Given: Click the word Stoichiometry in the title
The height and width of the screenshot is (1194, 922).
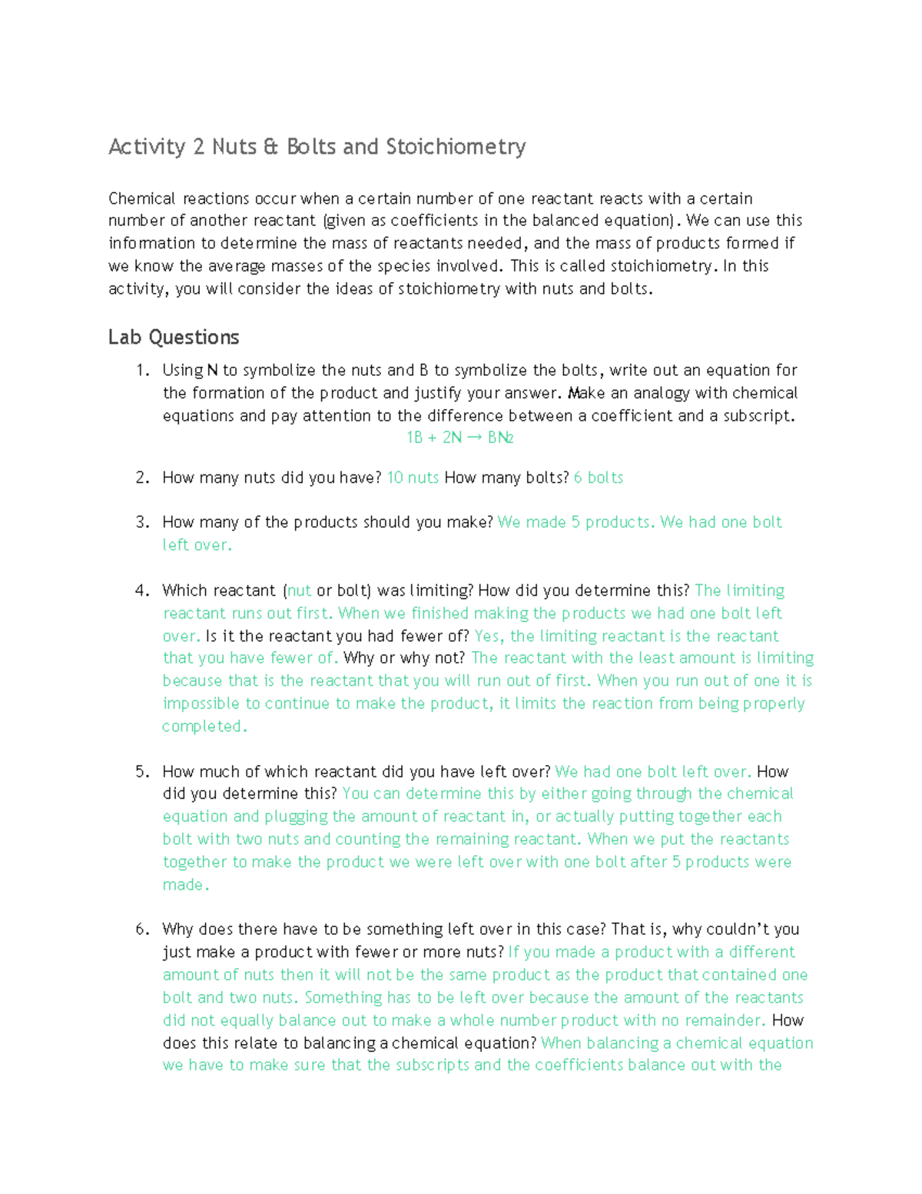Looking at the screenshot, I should (456, 147).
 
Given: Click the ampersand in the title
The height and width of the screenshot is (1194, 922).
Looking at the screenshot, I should (270, 147).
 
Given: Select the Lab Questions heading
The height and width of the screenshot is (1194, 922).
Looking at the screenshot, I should (174, 338).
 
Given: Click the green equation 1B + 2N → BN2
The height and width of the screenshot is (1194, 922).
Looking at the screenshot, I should (459, 438).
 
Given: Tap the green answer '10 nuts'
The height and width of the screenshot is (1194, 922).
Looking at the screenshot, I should (413, 478).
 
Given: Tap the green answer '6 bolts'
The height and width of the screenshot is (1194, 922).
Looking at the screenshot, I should (599, 478).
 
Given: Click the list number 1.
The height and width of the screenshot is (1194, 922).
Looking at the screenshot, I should (141, 371).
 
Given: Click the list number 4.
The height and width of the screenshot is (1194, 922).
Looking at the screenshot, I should (141, 591).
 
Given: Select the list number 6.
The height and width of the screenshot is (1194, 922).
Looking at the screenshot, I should (141, 930).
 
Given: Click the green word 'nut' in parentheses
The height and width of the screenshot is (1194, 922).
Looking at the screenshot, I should (299, 591).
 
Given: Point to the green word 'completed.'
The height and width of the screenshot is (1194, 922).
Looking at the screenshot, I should (204, 727).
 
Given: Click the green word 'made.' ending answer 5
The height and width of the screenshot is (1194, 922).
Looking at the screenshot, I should (186, 885).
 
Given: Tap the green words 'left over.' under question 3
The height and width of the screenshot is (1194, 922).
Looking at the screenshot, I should (197, 545).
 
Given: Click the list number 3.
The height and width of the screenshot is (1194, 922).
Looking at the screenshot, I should (141, 523).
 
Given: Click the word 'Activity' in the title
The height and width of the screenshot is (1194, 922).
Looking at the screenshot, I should (147, 147).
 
